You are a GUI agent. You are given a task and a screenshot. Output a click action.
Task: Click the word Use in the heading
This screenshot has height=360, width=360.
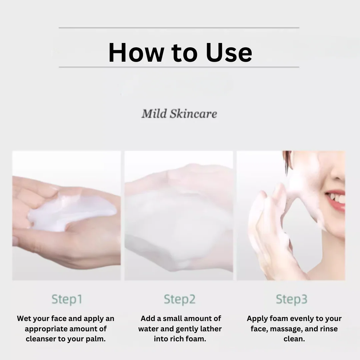pos(229,53)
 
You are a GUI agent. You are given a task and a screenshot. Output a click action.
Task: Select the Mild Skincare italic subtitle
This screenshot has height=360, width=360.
pos(179,114)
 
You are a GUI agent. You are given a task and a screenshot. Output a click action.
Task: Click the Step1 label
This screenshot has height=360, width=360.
pos(67,299)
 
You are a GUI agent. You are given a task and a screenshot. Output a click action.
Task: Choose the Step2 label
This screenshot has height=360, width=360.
pos(180,299)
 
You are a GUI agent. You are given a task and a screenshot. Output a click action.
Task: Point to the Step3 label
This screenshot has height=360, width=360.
pos(292,299)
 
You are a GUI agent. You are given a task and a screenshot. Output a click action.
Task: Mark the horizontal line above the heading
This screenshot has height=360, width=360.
pos(179,28)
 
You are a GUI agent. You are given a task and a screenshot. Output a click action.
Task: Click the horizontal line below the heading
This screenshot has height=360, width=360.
pos(179,67)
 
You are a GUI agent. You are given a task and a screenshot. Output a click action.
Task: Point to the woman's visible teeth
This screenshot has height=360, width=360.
pos(337,198)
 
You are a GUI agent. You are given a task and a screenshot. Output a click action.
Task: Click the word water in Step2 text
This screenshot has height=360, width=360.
pos(148,329)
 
